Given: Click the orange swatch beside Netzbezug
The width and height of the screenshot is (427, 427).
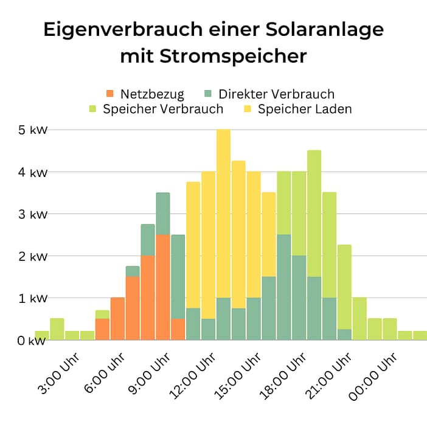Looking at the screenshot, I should (110, 94).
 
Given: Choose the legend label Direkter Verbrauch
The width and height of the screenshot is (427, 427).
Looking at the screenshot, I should (277, 94).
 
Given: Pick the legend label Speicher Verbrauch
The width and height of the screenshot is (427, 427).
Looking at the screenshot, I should (163, 109).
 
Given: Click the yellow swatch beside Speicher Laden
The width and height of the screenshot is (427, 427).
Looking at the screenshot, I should (248, 109).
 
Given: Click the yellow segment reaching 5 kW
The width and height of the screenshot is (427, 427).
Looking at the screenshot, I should (223, 213).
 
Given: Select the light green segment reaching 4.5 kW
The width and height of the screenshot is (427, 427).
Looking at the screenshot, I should (314, 213).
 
